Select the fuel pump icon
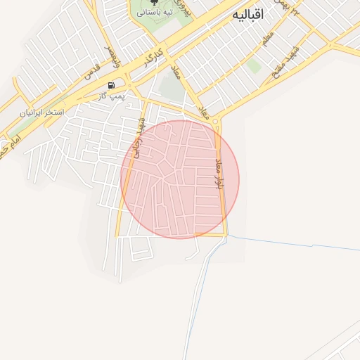pyautogui.click(x=111, y=85)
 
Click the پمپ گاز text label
pyautogui.click(x=112, y=96)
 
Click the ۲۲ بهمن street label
pyautogui.click(x=294, y=8)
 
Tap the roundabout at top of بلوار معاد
pyautogui.click(x=215, y=121)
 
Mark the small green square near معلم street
pyautogui.click(x=254, y=66)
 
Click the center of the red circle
pyautogui.click(x=180, y=179)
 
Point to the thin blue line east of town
pyautogui.click(x=295, y=243)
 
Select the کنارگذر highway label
pyautogui.click(x=155, y=58)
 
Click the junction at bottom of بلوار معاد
pyautogui.click(x=226, y=235)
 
